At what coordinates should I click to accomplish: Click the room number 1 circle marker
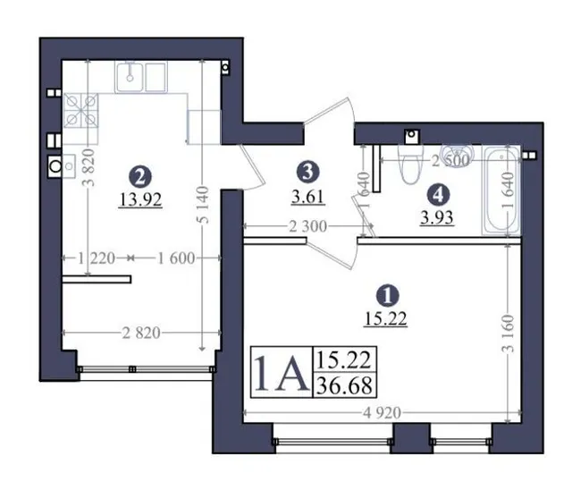pyautogui.click(x=388, y=296)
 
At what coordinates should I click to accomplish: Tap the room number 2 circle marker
pyautogui.click(x=140, y=177)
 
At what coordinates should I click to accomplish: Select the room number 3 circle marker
pyautogui.click(x=307, y=172)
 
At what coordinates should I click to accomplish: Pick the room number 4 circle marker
pyautogui.click(x=438, y=195)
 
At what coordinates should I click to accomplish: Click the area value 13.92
pyautogui.click(x=140, y=199)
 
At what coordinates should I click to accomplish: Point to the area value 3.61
pyautogui.click(x=307, y=197)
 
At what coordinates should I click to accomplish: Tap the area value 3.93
pyautogui.click(x=437, y=218)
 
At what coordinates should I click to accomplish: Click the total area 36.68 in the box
pyautogui.click(x=344, y=385)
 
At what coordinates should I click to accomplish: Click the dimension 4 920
pyautogui.click(x=382, y=413)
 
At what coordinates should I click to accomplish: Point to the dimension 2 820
pyautogui.click(x=141, y=333)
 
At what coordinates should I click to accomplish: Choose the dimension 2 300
pyautogui.click(x=307, y=226)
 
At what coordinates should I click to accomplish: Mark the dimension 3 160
pyautogui.click(x=509, y=333)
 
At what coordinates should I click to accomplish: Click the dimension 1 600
pyautogui.click(x=176, y=258)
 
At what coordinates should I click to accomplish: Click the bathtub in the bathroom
pyautogui.click(x=501, y=190)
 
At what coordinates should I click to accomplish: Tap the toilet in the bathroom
pyautogui.click(x=410, y=165)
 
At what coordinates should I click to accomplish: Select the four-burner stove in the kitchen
pyautogui.click(x=81, y=111)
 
